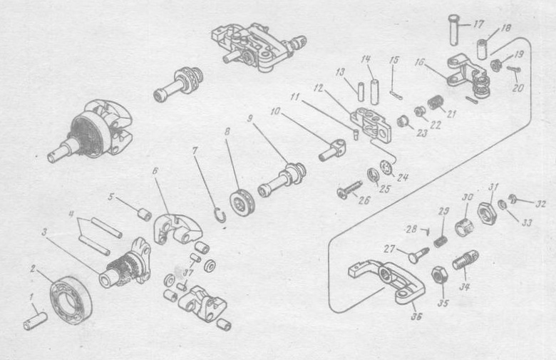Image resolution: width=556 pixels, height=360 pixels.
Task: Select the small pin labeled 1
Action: tap(35, 320)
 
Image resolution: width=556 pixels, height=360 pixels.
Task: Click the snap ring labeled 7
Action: tap(220, 215)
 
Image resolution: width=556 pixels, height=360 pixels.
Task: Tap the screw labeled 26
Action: tap(349, 189)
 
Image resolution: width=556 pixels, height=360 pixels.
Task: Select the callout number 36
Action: tap(416, 316)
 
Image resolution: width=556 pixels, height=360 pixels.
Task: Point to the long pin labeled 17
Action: tap(454, 29)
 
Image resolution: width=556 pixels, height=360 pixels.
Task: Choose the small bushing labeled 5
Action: tap(145, 215)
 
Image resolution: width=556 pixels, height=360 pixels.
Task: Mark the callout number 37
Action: tap(188, 272)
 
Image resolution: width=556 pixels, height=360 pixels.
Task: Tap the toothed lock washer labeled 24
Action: tap(388, 168)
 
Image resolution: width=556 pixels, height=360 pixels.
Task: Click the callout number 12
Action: tap(319, 88)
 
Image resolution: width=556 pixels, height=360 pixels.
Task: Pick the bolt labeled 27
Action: tap(418, 254)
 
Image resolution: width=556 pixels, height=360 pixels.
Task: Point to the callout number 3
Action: tap(44, 232)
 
